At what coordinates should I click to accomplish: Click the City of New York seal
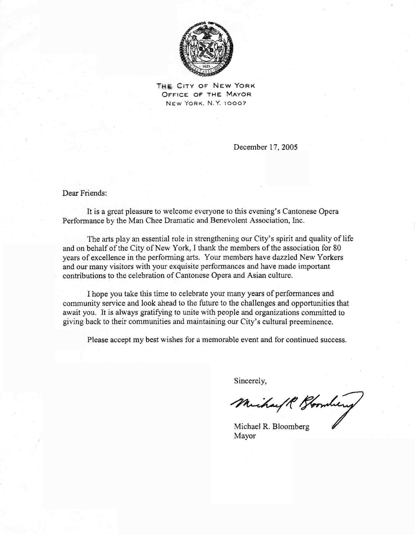pos(206,48)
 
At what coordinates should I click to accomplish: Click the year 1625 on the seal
pos(206,67)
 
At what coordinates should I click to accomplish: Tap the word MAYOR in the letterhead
pos(238,94)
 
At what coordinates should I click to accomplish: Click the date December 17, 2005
pos(265,147)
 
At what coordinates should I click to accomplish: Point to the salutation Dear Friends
pos(84,193)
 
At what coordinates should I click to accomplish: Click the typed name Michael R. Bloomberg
pos(271,426)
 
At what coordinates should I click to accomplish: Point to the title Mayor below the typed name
pos(245,436)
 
